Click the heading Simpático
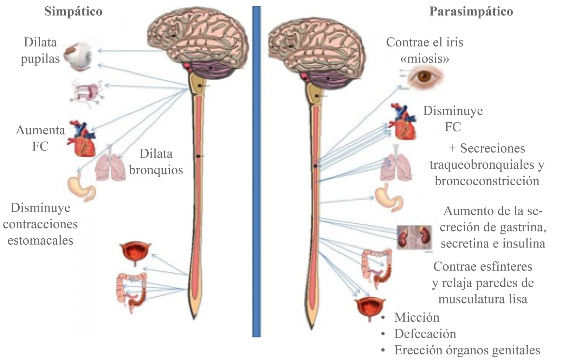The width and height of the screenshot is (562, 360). click(x=73, y=12)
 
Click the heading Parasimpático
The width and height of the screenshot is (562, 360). click(x=471, y=12)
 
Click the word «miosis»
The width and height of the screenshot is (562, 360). click(x=425, y=58)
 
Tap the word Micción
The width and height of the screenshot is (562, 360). click(x=416, y=317)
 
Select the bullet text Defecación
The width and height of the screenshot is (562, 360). click(x=425, y=333)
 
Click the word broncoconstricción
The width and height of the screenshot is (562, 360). click(x=487, y=181)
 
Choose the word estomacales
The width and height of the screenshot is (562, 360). click(x=40, y=240)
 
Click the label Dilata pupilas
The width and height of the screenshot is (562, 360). click(x=40, y=50)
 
